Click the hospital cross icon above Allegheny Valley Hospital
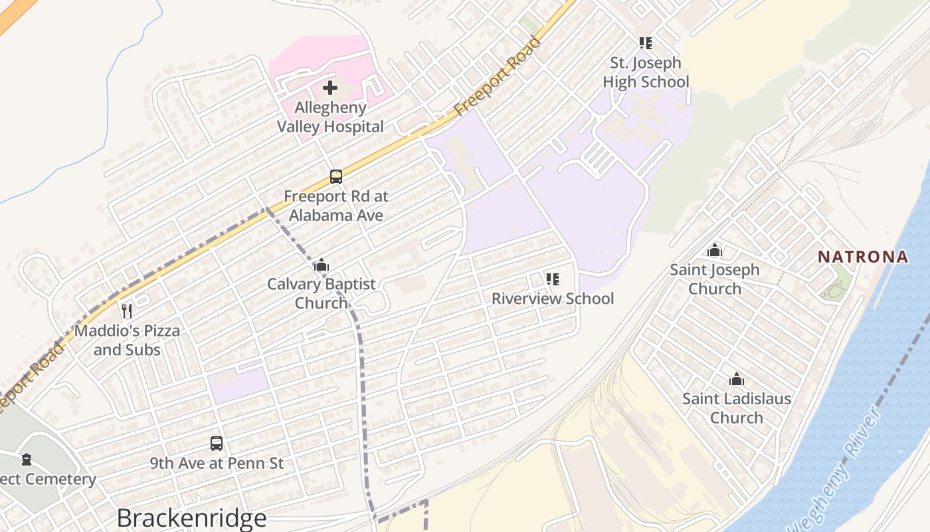click(330, 88)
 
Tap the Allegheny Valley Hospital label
click(330, 117)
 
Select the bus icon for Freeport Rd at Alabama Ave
click(336, 177)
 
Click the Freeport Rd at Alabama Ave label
click(335, 206)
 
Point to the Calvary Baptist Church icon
click(322, 265)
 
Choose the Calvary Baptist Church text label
click(322, 293)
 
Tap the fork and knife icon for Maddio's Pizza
click(127, 311)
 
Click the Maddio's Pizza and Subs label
click(127, 340)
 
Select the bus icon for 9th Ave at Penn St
click(217, 443)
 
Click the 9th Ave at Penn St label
click(217, 463)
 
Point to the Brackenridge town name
click(191, 517)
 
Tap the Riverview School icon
click(553, 279)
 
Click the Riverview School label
click(553, 299)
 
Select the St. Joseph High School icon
click(646, 43)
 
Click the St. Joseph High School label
click(646, 72)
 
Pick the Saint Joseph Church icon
click(715, 251)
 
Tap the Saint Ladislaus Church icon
click(737, 380)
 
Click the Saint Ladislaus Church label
click(737, 408)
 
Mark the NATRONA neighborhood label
click(862, 257)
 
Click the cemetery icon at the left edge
click(27, 460)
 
